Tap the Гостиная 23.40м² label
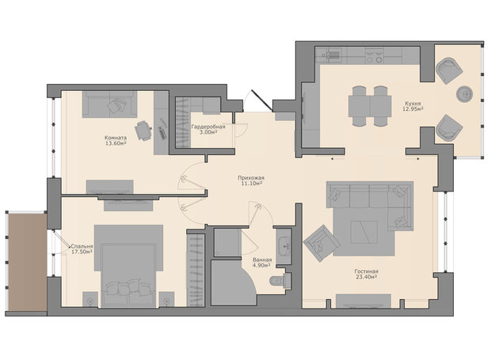coord(366,274)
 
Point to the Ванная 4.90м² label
coord(262,263)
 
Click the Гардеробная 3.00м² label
coord(208,130)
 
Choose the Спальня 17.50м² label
coord(82,249)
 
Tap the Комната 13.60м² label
coord(116,140)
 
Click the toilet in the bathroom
coord(280,280)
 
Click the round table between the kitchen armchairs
coord(464,94)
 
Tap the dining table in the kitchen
coord(370,106)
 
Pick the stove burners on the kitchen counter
coord(375,56)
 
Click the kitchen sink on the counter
coord(330,55)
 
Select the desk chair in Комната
coord(143,131)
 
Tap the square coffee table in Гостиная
coord(363,232)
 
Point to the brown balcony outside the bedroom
coord(27,262)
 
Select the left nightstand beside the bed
coord(90,300)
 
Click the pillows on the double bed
coord(129,288)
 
